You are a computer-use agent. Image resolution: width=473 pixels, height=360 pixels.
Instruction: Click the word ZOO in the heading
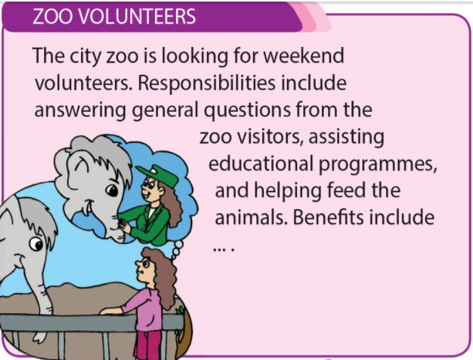[53, 16]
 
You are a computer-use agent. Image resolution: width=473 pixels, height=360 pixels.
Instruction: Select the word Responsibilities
[207, 82]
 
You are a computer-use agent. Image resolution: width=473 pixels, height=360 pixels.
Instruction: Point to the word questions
[248, 110]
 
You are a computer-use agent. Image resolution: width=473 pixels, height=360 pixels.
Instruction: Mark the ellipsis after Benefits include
[224, 250]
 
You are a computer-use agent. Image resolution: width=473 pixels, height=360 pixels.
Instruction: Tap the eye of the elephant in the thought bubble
[112, 190]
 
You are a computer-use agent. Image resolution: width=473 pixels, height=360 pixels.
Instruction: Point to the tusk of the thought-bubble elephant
[87, 208]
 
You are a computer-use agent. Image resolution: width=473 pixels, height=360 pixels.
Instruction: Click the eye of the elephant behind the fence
[36, 244]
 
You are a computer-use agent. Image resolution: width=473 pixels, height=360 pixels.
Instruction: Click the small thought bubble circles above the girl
[177, 249]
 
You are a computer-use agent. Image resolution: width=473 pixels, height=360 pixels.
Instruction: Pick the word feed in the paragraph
[346, 190]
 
